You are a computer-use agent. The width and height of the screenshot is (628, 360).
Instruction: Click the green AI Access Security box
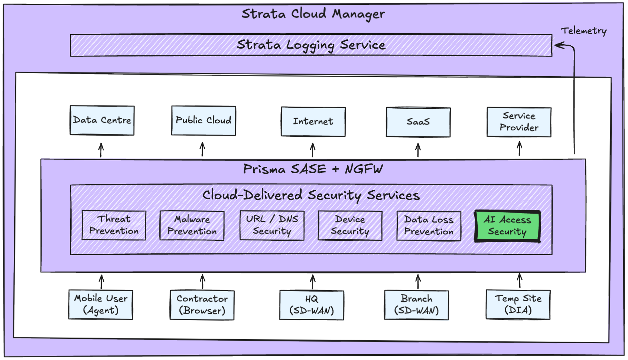pyautogui.click(x=507, y=226)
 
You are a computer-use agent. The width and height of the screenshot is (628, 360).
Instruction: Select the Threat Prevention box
pyautogui.click(x=114, y=225)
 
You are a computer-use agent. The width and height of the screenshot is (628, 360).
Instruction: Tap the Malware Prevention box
pyautogui.click(x=192, y=226)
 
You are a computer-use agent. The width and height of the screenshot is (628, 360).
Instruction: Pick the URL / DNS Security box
pyautogui.click(x=272, y=225)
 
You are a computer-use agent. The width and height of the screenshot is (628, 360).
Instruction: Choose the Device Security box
pyautogui.click(x=350, y=226)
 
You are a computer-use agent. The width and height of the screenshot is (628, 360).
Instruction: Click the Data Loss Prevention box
pyautogui.click(x=429, y=226)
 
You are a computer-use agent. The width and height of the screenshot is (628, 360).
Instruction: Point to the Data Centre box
pyautogui.click(x=102, y=120)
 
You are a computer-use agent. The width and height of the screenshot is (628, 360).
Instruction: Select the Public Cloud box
pyautogui.click(x=204, y=121)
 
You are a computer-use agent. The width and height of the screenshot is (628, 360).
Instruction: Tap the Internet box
pyautogui.click(x=313, y=121)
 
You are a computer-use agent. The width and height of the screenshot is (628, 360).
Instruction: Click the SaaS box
pyautogui.click(x=418, y=122)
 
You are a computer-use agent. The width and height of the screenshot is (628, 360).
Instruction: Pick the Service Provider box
pyautogui.click(x=519, y=122)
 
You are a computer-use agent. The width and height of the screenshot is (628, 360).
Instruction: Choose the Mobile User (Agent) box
pyautogui.click(x=101, y=305)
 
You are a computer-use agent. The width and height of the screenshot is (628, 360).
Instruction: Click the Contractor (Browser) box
pyautogui.click(x=202, y=305)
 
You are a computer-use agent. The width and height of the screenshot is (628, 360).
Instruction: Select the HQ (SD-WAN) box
pyautogui.click(x=312, y=305)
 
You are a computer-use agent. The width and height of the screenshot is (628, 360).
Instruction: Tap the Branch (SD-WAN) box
pyautogui.click(x=416, y=305)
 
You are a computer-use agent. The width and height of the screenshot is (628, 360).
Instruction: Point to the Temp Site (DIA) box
pyautogui.click(x=518, y=305)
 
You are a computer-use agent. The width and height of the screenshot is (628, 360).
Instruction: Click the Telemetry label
pyautogui.click(x=583, y=31)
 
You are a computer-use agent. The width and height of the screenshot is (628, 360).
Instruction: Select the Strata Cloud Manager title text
pyautogui.click(x=313, y=14)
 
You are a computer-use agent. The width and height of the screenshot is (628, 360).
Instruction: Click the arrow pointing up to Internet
pyautogui.click(x=313, y=150)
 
